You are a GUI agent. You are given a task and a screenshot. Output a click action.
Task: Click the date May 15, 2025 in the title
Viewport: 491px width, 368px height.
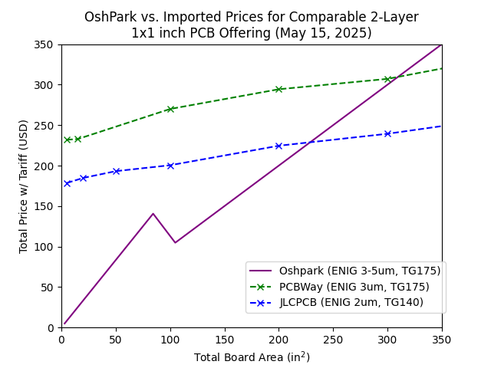coord(327,33)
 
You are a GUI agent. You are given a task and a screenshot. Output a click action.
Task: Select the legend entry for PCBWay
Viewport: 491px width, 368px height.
coord(354,287)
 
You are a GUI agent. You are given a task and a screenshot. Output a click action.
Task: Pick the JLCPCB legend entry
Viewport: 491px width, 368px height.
coord(351,303)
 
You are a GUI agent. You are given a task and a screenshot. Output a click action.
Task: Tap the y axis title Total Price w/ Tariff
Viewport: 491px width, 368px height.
coord(24,186)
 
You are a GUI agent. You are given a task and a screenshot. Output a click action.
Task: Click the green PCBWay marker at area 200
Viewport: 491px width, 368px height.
coord(278,89)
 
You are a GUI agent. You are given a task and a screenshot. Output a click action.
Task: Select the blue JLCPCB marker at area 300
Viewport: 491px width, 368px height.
coord(387,133)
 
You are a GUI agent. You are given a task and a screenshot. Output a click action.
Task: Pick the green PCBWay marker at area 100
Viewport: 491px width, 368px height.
coord(170,109)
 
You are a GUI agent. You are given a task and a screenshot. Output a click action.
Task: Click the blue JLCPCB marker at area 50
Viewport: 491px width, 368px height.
coord(116,171)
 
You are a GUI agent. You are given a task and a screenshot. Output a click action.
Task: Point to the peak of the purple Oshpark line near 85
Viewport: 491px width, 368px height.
coord(153,214)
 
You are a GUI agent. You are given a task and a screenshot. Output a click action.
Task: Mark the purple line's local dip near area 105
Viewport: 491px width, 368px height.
coord(175,242)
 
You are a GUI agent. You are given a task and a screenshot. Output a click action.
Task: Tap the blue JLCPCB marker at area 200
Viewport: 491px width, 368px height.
coord(278,146)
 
